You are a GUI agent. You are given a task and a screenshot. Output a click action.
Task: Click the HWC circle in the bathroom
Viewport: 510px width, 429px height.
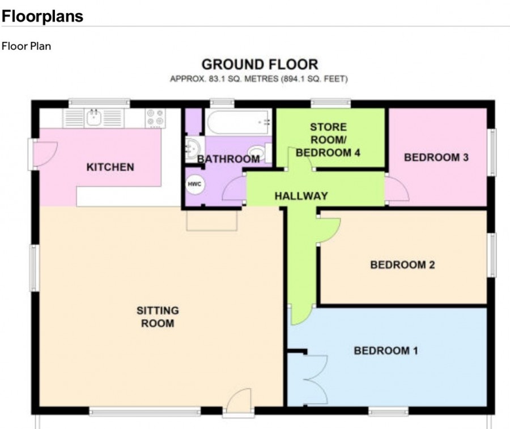(194, 184)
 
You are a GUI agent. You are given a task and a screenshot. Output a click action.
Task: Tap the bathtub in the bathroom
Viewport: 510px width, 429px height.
(239, 122)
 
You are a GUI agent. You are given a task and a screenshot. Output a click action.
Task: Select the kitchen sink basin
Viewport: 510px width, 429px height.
(93, 118)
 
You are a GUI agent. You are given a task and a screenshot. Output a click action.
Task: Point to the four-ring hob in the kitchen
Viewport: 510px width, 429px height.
(155, 118)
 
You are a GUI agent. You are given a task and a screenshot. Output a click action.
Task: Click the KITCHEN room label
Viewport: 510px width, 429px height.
(110, 167)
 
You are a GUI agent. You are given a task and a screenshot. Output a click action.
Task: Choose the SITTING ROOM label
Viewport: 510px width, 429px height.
(158, 317)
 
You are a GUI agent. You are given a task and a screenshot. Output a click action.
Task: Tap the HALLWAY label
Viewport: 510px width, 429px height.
(301, 196)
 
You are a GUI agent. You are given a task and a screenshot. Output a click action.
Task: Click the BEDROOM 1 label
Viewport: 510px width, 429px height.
(386, 351)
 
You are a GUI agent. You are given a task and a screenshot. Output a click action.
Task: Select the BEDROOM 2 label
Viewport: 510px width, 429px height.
(403, 264)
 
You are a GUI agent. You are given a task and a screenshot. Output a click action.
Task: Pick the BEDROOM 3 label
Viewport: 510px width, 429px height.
(436, 157)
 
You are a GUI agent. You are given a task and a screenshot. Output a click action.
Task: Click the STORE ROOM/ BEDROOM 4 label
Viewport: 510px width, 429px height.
(328, 140)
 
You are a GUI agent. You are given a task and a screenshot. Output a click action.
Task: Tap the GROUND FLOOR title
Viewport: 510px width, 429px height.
(260, 65)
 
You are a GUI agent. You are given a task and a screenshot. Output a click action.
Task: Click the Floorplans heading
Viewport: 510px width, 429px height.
(42, 16)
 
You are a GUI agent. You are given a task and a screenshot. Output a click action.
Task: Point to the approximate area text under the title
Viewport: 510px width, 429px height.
(259, 79)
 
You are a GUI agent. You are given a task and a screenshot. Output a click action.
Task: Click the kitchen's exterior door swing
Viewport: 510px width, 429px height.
(45, 154)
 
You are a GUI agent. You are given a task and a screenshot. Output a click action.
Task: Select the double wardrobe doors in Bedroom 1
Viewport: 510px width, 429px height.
(316, 380)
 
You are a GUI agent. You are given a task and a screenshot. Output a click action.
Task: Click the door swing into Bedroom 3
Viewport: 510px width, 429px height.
(397, 189)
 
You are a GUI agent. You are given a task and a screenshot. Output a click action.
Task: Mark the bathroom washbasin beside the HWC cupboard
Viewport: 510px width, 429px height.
(193, 149)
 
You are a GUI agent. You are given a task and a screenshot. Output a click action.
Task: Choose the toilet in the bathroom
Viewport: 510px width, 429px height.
(259, 153)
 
